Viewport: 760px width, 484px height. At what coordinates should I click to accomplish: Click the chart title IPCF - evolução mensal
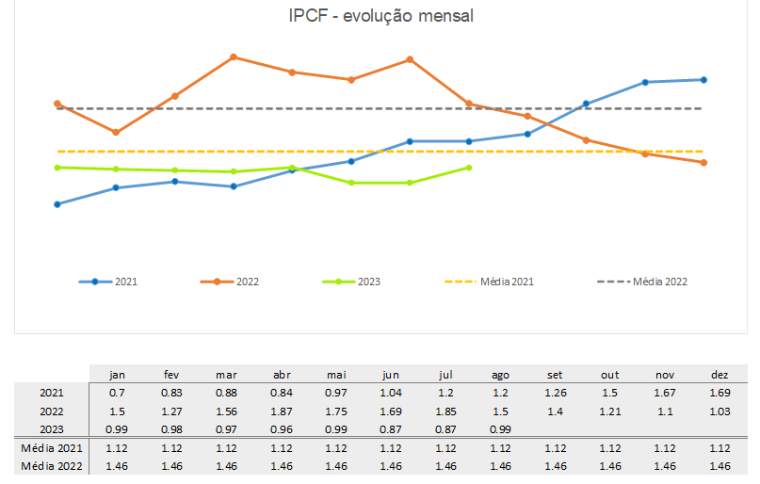(x=380, y=17)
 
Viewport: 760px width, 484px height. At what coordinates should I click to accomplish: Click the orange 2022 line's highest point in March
(x=234, y=57)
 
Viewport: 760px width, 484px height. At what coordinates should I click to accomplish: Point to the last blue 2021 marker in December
(x=703, y=80)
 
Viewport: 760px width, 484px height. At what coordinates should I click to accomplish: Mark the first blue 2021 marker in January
(x=57, y=204)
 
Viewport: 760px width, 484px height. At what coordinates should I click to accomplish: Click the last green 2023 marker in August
(x=469, y=168)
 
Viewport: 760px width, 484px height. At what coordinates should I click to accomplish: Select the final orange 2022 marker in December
(x=703, y=163)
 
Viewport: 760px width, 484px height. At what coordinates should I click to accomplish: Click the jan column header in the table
(x=117, y=375)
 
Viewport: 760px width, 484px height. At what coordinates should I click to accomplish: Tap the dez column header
(x=720, y=375)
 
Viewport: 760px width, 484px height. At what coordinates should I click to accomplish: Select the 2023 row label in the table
(x=52, y=429)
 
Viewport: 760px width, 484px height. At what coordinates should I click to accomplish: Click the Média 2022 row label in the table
(x=52, y=466)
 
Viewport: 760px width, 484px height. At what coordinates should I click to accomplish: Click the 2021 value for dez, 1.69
(x=720, y=393)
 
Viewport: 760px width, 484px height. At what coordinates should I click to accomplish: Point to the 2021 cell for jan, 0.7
(x=117, y=393)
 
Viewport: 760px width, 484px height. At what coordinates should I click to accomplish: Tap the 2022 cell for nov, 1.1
(x=666, y=411)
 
